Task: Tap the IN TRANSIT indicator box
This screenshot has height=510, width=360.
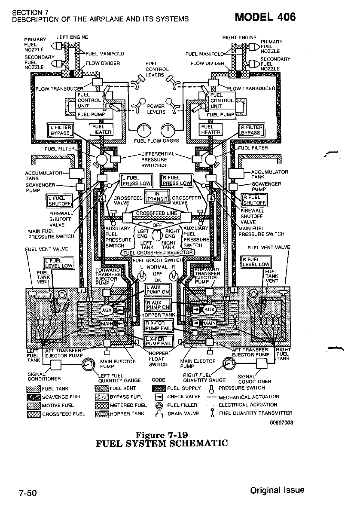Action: pos(157,196)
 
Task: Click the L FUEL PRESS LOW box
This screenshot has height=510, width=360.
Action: pos(135,180)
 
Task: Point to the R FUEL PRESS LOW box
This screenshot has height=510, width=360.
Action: pos(176,180)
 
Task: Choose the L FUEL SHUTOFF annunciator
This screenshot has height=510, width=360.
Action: pos(59,201)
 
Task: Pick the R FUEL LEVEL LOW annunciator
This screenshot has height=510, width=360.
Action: pos(256,262)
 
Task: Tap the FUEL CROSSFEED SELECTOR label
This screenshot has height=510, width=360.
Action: pos(158,252)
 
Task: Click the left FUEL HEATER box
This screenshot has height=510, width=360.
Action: pos(101,129)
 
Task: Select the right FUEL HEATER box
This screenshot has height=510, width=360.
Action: pos(211,129)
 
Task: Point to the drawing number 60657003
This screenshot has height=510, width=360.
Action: pos(281,422)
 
